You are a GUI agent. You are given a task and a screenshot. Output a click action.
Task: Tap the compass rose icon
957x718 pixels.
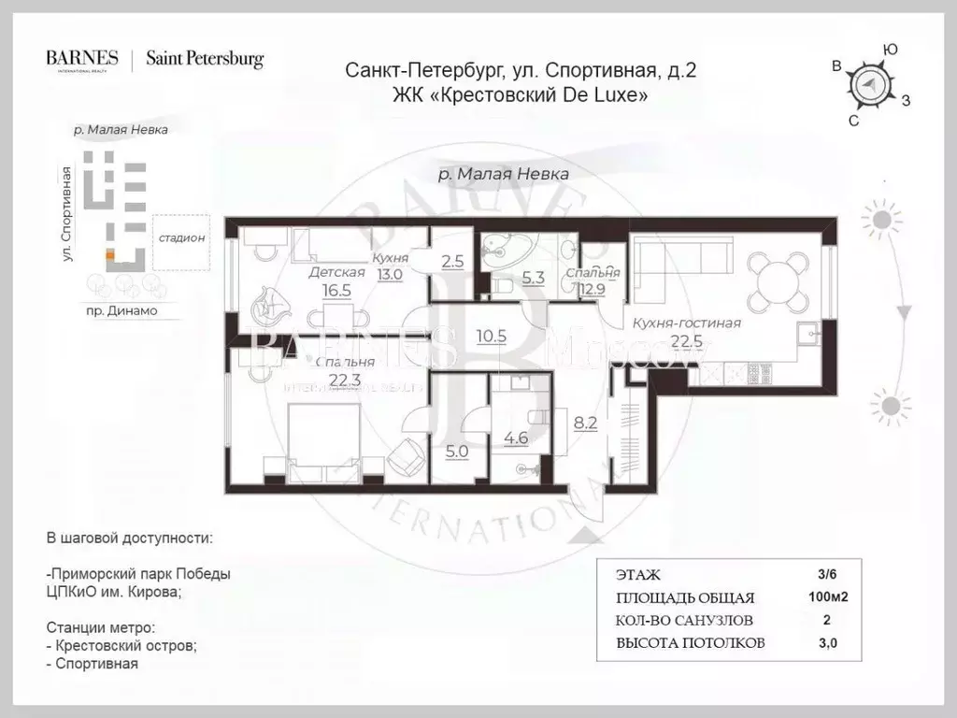pyautogui.click(x=870, y=85)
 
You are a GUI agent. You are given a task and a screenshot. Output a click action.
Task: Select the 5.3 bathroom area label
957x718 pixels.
pyautogui.click(x=533, y=277)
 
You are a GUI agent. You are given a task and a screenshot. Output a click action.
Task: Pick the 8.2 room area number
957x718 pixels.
pyautogui.click(x=585, y=423)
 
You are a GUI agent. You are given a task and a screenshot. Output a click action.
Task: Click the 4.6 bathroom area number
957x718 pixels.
pyautogui.click(x=516, y=436)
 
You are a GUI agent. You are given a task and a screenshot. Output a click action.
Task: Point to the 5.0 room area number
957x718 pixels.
pyautogui.click(x=456, y=449)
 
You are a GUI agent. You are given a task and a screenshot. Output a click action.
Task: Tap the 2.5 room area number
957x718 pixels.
pyautogui.click(x=452, y=262)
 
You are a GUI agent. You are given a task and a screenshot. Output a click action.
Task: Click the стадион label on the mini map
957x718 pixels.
pyautogui.click(x=181, y=237)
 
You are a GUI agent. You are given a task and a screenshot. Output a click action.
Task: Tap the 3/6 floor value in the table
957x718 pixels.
pyautogui.click(x=827, y=574)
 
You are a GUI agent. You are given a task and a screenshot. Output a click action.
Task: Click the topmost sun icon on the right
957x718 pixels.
pyautogui.click(x=882, y=220)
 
